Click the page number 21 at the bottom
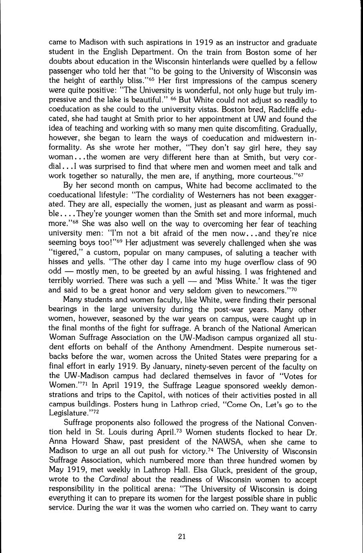[181, 537]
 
